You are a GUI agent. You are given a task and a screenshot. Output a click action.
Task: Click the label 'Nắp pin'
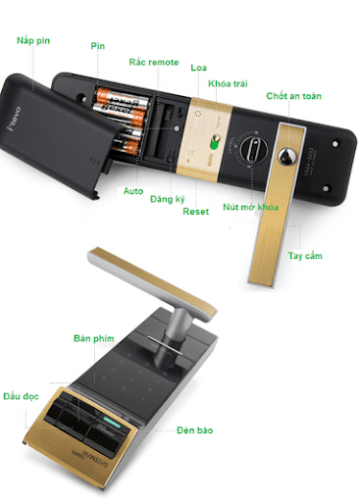pyautogui.click(x=33, y=41)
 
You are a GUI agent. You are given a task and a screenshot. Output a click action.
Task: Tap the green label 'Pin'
pyautogui.click(x=98, y=46)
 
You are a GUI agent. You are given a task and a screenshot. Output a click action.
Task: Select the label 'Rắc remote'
pyautogui.click(x=154, y=62)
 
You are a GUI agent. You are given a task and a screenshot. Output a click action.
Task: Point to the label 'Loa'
pyautogui.click(x=198, y=68)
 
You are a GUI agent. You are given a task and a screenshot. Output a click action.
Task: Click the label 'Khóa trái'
pyautogui.click(x=228, y=83)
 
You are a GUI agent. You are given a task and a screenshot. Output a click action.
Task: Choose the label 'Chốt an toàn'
pyautogui.click(x=293, y=96)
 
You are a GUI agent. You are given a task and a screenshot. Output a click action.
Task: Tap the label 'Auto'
pyautogui.click(x=133, y=191)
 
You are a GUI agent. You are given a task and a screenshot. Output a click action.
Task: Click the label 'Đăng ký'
pyautogui.click(x=168, y=199)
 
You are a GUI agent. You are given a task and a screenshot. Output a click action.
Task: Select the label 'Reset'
pyautogui.click(x=195, y=212)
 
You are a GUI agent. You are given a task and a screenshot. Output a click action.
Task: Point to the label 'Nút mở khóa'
pyautogui.click(x=250, y=207)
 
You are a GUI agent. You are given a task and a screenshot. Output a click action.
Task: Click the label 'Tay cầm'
pyautogui.click(x=305, y=256)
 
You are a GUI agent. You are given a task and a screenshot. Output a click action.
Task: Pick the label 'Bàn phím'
pyautogui.click(x=94, y=338)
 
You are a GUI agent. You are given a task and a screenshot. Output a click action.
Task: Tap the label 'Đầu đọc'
pyautogui.click(x=21, y=396)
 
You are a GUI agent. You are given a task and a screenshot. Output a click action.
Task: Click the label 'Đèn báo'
pyautogui.click(x=194, y=430)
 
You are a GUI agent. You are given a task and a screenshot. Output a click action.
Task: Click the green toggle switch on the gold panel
pyautogui.click(x=215, y=142)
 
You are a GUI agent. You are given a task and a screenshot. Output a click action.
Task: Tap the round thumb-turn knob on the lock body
pyautogui.click(x=254, y=149)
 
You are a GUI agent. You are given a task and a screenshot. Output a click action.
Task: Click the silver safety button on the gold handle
pyautogui.click(x=287, y=156)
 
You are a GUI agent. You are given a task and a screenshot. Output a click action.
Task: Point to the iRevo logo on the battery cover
pyautogui.click(x=14, y=119)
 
